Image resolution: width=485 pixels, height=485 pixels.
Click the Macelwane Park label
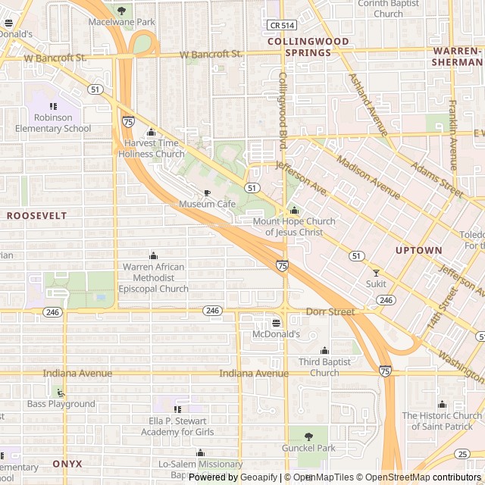click(121, 22)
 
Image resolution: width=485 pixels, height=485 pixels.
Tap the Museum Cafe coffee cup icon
click(207, 193)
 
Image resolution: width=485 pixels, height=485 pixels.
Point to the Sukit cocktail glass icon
click(375, 272)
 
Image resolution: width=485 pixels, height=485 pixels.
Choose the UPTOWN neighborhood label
click(418, 250)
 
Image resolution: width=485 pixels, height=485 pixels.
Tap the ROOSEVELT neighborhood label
click(36, 216)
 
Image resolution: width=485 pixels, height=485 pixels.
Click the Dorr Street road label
click(330, 311)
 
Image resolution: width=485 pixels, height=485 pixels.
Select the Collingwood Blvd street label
click(283, 110)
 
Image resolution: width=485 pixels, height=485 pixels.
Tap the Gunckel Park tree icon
click(308, 436)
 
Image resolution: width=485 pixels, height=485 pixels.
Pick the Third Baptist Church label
click(324, 368)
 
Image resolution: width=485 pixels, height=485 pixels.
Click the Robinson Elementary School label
click(52, 123)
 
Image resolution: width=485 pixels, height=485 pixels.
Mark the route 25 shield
click(462, 454)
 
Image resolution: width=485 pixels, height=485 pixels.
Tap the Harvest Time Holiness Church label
click(151, 149)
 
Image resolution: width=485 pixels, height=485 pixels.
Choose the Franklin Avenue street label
click(452, 135)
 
